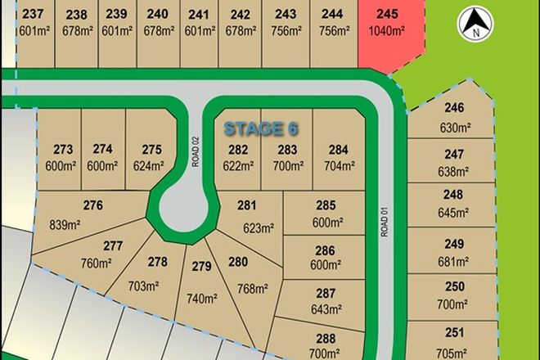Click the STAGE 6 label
pos(261,128)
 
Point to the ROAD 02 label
pos(196,151)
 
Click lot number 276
pos(92,205)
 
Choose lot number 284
pos(337,149)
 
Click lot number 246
pos(453,108)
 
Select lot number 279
pos(200,266)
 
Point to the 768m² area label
pos(252,288)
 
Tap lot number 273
pos(63,149)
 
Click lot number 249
pos(453,244)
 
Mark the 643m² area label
pos(326,309)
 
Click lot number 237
pos(33,14)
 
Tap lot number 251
pos(453,332)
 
